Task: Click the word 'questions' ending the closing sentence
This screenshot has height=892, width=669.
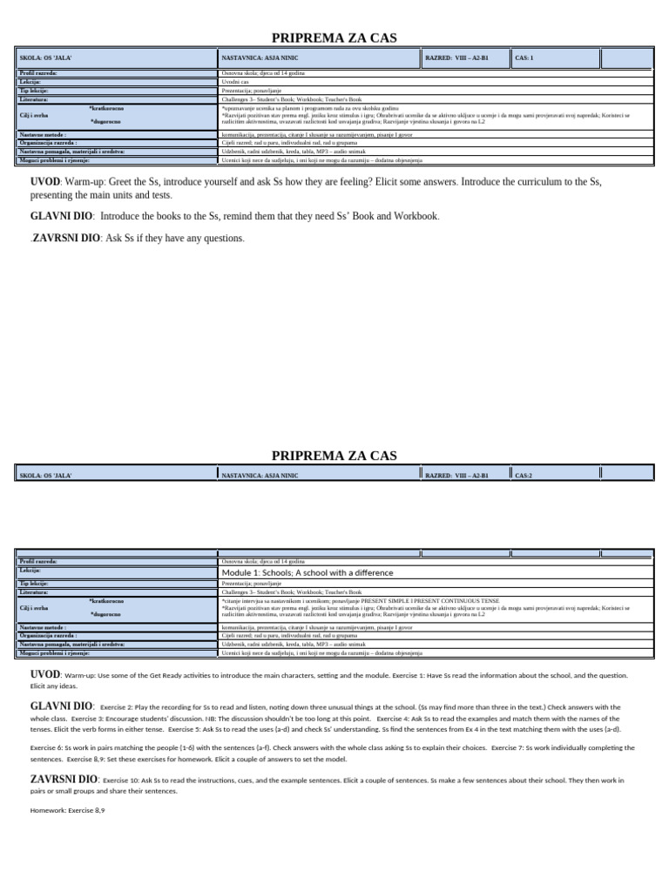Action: (x=221, y=238)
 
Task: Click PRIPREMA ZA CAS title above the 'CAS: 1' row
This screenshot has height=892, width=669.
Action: (x=334, y=37)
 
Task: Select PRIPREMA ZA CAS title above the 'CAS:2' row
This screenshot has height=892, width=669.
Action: (x=334, y=455)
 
